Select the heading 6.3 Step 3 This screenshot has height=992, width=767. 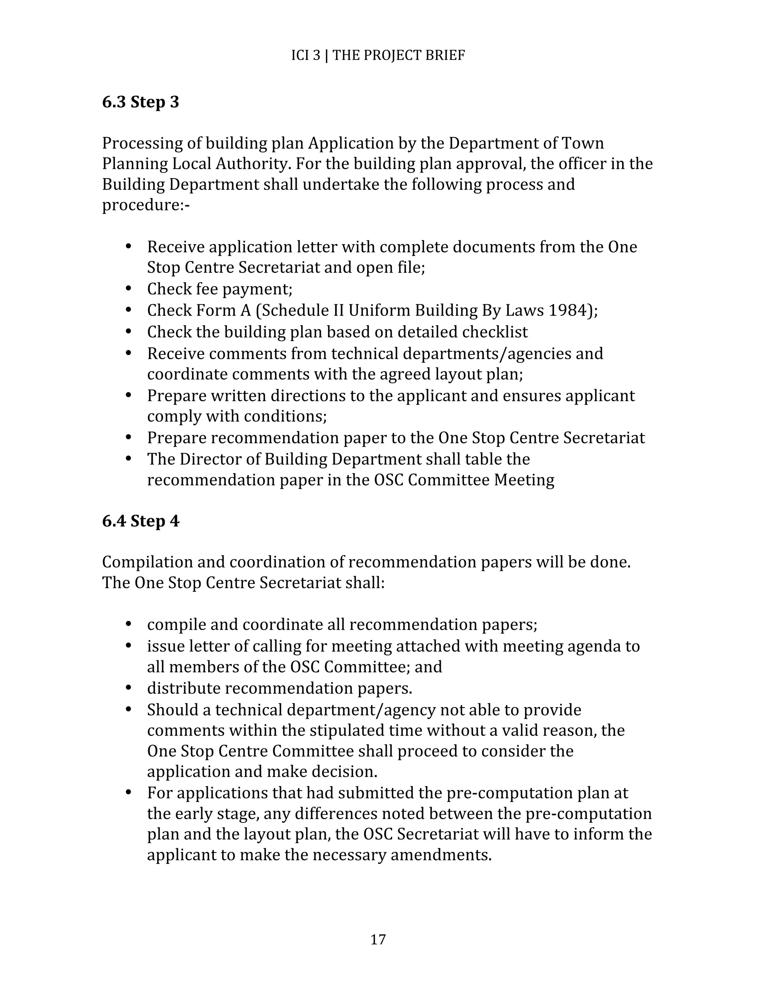(x=140, y=102)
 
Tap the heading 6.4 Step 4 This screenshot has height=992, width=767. (x=140, y=521)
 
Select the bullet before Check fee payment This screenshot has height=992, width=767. (x=128, y=288)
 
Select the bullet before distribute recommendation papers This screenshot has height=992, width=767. (x=128, y=688)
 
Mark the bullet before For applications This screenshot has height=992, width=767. (x=128, y=792)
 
